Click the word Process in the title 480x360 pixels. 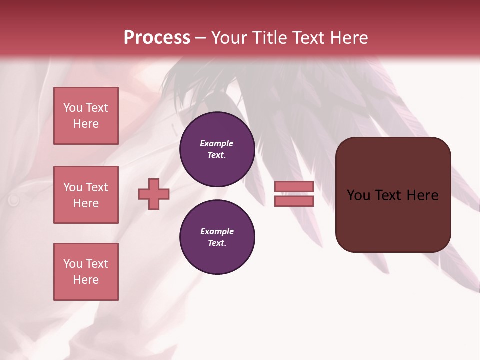157,38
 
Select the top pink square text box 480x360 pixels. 86,116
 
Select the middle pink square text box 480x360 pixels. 86,195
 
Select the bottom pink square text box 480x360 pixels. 86,272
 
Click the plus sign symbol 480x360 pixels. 154,194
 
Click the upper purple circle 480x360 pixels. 217,149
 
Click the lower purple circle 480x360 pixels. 217,237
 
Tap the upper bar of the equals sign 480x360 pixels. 294,187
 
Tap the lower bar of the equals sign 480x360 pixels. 294,201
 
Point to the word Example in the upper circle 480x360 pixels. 216,144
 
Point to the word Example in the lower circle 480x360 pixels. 216,232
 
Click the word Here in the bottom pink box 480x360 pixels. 86,280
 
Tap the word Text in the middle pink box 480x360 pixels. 97,187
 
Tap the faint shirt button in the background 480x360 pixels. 13,200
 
